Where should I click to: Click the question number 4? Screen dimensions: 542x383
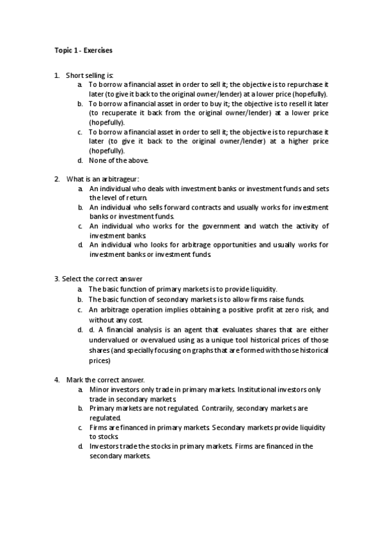click(x=57, y=379)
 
